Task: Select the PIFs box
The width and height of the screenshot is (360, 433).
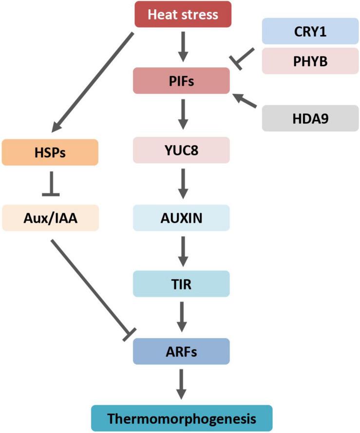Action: [x=181, y=81]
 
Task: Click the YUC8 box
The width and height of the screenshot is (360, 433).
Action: [x=181, y=150]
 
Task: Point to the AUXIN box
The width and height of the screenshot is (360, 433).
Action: [x=181, y=217]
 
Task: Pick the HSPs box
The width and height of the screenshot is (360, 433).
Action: [x=51, y=152]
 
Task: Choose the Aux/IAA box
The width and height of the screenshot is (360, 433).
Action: [x=51, y=217]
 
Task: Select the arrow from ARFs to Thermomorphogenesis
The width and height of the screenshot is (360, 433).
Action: [x=181, y=384]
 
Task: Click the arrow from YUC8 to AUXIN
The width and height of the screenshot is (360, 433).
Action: [x=181, y=183]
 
